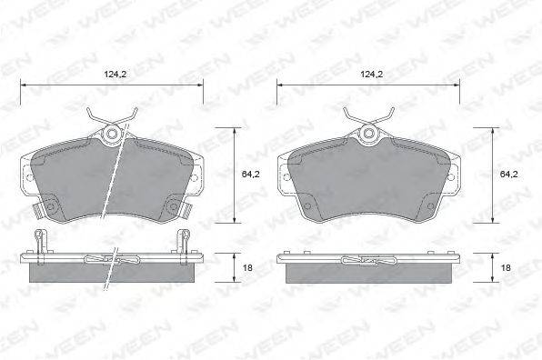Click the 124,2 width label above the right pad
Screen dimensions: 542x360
pyautogui.click(x=372, y=74)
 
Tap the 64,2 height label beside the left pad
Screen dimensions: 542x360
pyautogui.click(x=250, y=175)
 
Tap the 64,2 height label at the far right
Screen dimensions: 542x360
pyautogui.click(x=508, y=175)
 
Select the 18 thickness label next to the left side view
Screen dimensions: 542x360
pyautogui.click(x=247, y=267)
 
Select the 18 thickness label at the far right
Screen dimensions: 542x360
pyautogui.click(x=506, y=267)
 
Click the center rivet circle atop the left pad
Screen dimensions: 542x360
pyautogui.click(x=112, y=134)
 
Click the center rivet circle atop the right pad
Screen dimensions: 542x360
pyautogui.click(x=368, y=133)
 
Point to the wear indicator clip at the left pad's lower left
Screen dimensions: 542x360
pyautogui.click(x=37, y=210)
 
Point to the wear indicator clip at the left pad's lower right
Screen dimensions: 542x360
pyautogui.click(x=186, y=210)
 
